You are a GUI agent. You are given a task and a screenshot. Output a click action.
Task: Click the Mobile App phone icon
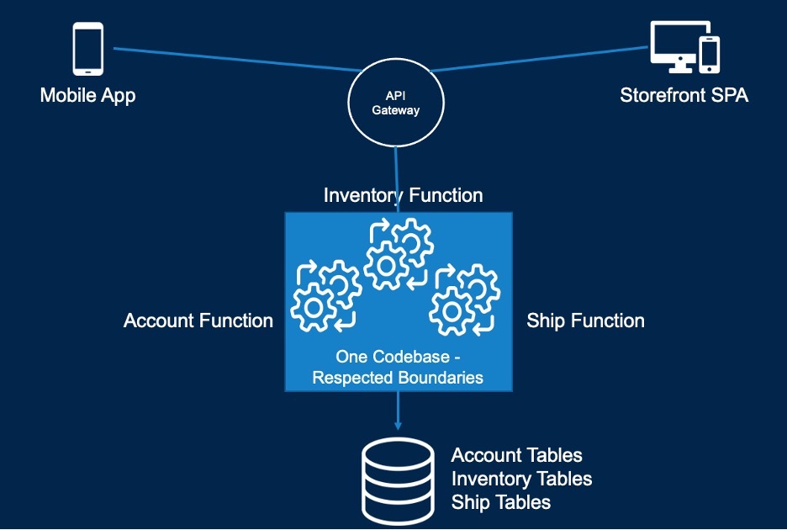[88, 49]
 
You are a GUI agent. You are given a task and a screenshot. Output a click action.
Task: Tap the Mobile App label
[87, 95]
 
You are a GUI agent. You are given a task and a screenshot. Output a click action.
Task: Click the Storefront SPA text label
[684, 95]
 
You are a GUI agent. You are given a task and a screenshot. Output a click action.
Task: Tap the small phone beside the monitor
[710, 55]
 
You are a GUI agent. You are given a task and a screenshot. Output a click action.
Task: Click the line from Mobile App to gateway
[237, 59]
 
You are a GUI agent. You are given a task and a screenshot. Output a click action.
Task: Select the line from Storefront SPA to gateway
[539, 59]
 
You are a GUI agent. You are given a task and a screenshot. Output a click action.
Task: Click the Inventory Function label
[403, 195]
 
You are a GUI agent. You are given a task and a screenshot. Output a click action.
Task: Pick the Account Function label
[198, 321]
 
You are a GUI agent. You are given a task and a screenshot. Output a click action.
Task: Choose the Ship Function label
[585, 321]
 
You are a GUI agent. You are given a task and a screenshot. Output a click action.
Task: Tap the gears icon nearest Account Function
[326, 296]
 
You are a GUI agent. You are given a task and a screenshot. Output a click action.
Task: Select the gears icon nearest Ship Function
[465, 299]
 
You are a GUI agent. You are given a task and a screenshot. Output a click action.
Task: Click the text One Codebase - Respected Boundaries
[398, 368]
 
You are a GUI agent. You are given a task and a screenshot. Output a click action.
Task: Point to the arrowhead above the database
[398, 426]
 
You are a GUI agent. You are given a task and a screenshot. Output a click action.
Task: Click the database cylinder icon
[398, 480]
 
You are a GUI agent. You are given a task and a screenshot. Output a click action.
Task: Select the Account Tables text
[516, 455]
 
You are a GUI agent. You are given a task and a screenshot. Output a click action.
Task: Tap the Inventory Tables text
[521, 479]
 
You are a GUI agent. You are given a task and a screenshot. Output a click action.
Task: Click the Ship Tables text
[501, 502]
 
